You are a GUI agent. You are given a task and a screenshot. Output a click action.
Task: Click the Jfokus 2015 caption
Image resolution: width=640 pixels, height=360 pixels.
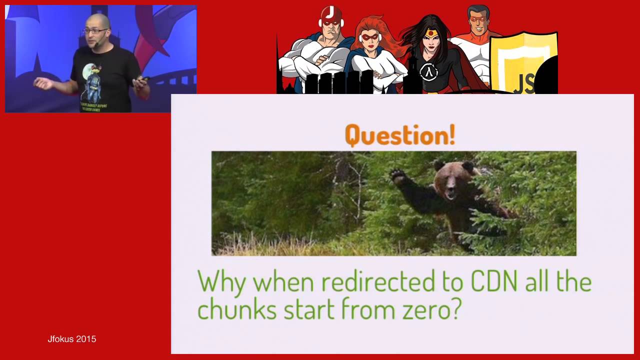coord(71,339)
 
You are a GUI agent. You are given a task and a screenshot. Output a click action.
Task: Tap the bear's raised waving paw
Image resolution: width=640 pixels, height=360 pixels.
coord(398,175)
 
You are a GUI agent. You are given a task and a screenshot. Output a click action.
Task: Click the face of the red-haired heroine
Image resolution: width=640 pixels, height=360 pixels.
coord(370,39)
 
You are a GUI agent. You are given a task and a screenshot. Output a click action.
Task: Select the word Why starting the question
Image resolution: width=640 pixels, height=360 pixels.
coord(221,281)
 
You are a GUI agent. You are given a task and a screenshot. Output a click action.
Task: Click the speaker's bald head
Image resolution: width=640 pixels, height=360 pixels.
coord(98,21)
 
